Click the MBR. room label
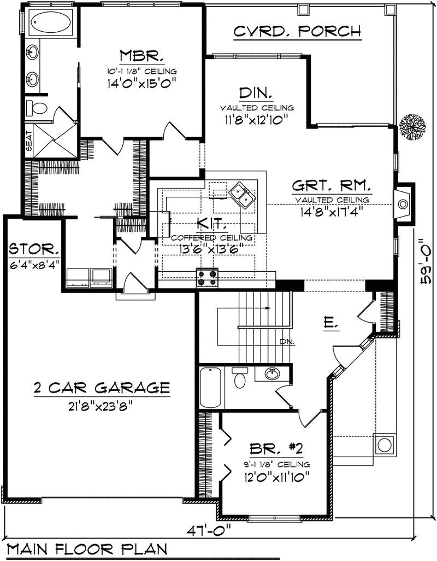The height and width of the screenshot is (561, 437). (x=141, y=57)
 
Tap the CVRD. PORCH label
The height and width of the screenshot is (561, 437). (x=297, y=32)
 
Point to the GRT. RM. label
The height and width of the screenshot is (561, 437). (x=332, y=185)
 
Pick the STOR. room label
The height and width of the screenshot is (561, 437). (x=34, y=252)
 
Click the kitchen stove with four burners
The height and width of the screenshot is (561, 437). (x=208, y=278)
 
